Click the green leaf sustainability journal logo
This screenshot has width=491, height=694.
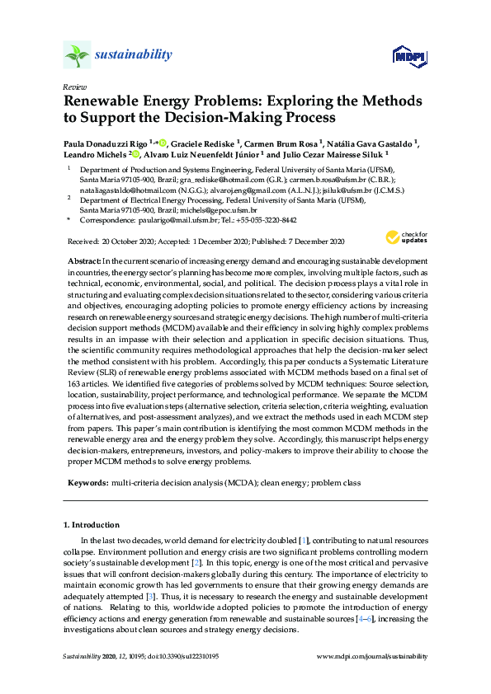(76, 56)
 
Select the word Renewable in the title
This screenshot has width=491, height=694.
(103, 102)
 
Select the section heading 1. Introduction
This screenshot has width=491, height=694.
(92, 524)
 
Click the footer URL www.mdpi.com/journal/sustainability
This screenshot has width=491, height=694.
(373, 656)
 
